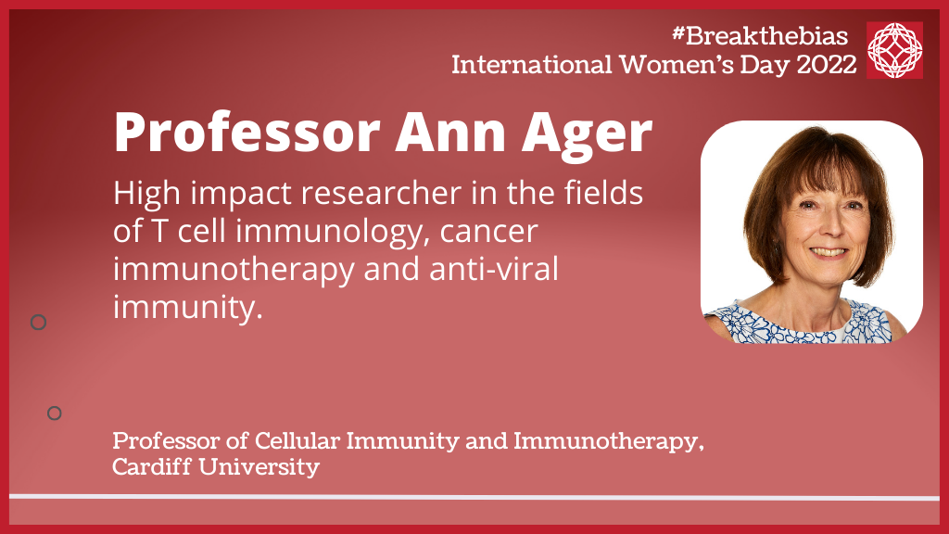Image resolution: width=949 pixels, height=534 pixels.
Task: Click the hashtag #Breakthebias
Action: point(760,36)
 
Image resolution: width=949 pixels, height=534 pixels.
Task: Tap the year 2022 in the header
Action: point(827,64)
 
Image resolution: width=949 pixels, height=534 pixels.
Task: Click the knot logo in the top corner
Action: point(894,50)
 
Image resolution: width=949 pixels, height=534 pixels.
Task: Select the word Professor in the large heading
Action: point(247,134)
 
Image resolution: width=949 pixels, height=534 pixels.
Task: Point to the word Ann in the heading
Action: point(451,133)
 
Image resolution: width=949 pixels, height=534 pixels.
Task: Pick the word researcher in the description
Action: point(381,194)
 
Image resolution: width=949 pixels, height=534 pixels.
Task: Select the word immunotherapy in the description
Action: point(234,270)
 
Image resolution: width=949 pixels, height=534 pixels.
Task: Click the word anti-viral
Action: point(494,269)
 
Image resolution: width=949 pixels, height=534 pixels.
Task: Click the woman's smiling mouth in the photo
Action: point(828,252)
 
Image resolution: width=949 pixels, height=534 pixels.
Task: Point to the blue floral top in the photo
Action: point(799,323)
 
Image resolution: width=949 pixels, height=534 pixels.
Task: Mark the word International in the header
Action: point(532,64)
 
